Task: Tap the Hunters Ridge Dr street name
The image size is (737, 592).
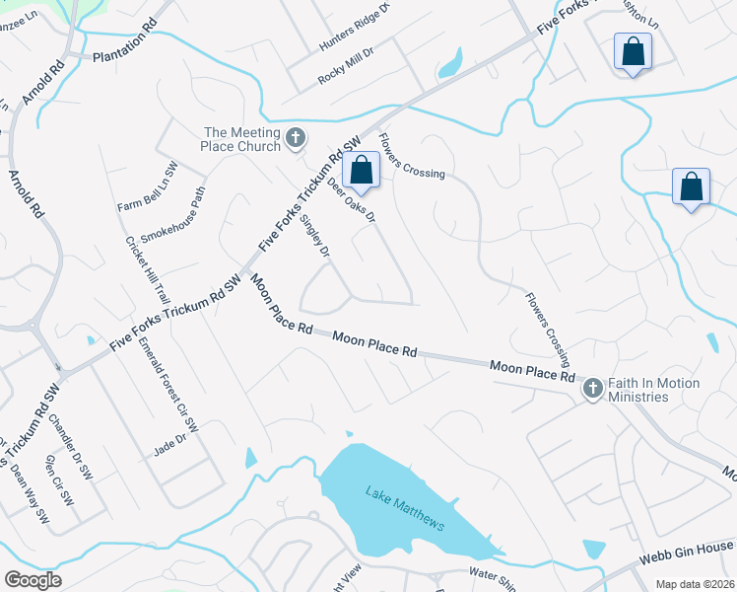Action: [x=355, y=28]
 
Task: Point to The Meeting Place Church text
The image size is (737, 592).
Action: [x=240, y=139]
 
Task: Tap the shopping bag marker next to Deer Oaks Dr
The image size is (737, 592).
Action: [x=362, y=170]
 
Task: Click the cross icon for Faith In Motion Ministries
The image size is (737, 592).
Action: [x=592, y=389]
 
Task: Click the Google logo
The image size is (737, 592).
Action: [x=33, y=579]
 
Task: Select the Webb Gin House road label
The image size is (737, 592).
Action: [x=691, y=548]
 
